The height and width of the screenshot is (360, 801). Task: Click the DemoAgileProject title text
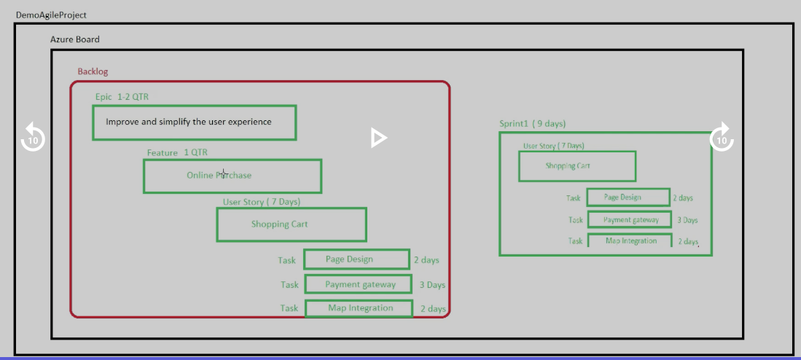(x=51, y=15)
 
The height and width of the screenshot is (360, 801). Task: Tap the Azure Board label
(x=74, y=39)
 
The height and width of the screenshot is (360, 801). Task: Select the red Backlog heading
(x=93, y=71)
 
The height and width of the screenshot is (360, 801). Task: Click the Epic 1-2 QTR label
(x=122, y=96)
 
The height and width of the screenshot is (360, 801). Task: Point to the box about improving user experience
(x=194, y=122)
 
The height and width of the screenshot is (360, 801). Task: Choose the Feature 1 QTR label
(x=177, y=153)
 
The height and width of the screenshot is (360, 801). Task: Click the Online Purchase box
(x=233, y=176)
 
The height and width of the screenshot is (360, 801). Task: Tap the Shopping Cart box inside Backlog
(x=292, y=224)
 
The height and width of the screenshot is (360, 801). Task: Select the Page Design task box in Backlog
(x=356, y=259)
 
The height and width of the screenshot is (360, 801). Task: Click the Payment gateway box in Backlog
(x=358, y=284)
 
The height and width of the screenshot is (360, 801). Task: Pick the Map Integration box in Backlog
(x=359, y=308)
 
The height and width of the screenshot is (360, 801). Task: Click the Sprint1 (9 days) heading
(x=532, y=124)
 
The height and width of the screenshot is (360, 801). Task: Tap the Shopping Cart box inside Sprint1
(x=577, y=166)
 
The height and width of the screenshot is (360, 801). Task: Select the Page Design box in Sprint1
(x=628, y=197)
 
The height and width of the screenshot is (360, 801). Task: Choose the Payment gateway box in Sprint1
(x=630, y=219)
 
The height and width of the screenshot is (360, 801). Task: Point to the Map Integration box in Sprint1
(x=630, y=240)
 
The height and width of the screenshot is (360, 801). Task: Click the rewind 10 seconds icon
(x=33, y=138)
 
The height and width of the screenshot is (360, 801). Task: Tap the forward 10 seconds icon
(x=722, y=138)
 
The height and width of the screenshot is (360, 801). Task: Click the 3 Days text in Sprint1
(x=687, y=220)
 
